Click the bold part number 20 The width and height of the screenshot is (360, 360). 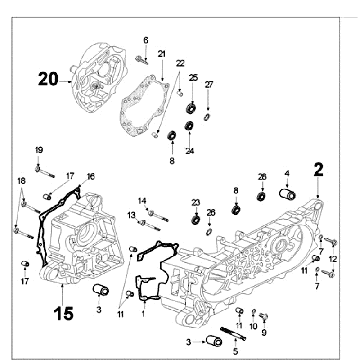[x=48, y=79]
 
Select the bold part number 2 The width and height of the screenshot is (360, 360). [x=319, y=170]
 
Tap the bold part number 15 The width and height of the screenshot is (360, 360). [x=63, y=313]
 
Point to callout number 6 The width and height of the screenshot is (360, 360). [x=146, y=40]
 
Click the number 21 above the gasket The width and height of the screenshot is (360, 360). [x=162, y=54]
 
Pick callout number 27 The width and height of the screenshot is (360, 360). [x=209, y=85]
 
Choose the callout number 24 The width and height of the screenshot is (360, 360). [x=190, y=151]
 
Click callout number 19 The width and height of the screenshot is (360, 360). [x=39, y=150]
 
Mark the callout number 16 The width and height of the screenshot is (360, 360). [x=91, y=176]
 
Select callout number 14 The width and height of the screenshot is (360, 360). [x=142, y=201]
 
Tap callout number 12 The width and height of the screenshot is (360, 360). [x=333, y=259]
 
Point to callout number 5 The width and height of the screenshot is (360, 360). [x=235, y=351]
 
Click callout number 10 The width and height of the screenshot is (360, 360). [x=253, y=326]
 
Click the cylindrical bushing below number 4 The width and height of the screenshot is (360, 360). [x=287, y=194]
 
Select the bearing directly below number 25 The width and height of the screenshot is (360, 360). [x=192, y=108]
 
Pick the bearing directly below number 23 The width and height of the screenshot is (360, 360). [x=196, y=219]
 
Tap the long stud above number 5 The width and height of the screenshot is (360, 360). [x=233, y=334]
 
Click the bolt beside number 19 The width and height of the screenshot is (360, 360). [x=45, y=172]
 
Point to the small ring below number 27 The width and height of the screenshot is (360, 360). [x=207, y=117]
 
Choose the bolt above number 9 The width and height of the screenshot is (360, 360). [x=264, y=316]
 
